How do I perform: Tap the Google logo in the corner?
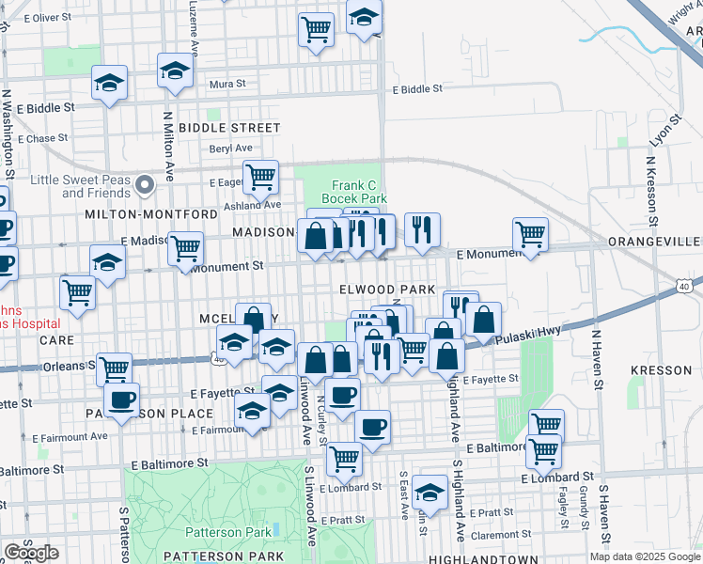[31, 552]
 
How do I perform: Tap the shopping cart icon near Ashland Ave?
[260, 176]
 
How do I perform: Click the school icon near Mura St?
[175, 72]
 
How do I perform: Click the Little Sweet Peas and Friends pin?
[145, 185]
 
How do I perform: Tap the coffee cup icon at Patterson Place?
[120, 399]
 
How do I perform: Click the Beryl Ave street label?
[231, 149]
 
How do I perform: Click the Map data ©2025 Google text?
[645, 556]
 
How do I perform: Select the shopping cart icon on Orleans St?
[114, 368]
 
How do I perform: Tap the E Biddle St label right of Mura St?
[416, 89]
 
